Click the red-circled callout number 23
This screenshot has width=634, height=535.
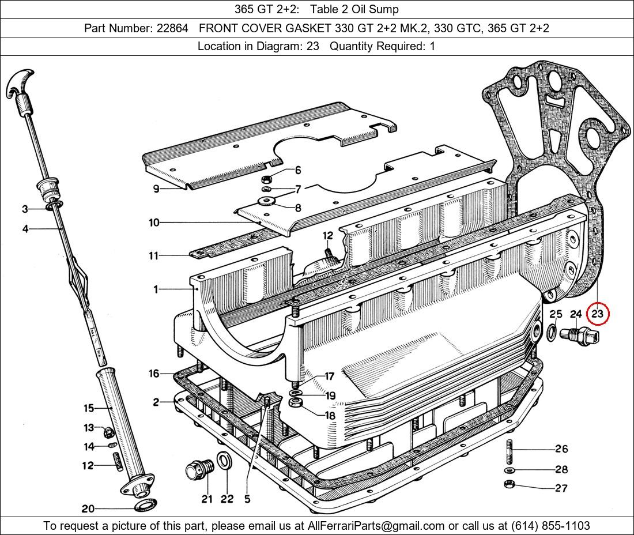pos(598,314)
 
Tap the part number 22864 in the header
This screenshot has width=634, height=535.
pos(173,28)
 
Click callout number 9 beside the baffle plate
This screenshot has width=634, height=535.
pos(156,189)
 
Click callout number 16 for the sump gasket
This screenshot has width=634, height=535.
pos(154,373)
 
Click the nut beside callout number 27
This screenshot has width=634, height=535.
pos(509,484)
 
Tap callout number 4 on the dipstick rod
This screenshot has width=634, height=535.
pos(25,229)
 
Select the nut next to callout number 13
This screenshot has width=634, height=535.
pos(108,432)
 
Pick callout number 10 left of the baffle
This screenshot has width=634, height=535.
pos(154,223)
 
